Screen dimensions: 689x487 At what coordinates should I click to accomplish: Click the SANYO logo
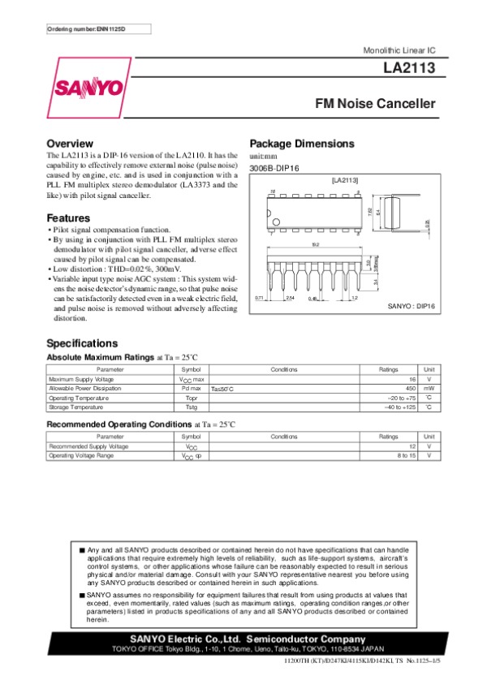(x=89, y=88)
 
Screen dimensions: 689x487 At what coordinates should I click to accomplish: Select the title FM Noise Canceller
(x=375, y=104)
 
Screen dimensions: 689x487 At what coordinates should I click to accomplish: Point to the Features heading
(x=68, y=218)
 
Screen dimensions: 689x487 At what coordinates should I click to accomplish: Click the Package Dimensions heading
(x=302, y=144)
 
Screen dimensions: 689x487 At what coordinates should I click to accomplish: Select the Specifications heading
(x=82, y=342)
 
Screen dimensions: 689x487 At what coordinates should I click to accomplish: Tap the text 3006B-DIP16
(x=275, y=167)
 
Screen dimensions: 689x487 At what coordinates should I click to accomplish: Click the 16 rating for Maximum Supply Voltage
(x=412, y=379)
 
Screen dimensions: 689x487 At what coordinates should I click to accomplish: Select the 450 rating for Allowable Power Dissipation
(x=411, y=389)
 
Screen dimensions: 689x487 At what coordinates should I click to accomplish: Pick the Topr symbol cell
(x=192, y=398)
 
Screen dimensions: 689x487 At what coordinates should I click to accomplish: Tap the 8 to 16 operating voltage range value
(x=407, y=456)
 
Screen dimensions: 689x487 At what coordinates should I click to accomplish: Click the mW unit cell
(x=429, y=389)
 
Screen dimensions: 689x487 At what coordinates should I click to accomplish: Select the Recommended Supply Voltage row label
(x=88, y=446)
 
